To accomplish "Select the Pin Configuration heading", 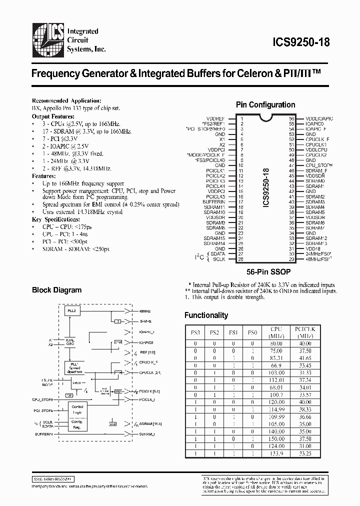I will (x=265, y=105).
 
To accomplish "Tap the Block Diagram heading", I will (x=56, y=290).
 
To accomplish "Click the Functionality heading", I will (x=206, y=315).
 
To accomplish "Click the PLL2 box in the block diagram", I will (x=72, y=311).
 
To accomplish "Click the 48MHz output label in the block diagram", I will (x=146, y=310).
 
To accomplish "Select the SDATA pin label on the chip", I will (x=218, y=254).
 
